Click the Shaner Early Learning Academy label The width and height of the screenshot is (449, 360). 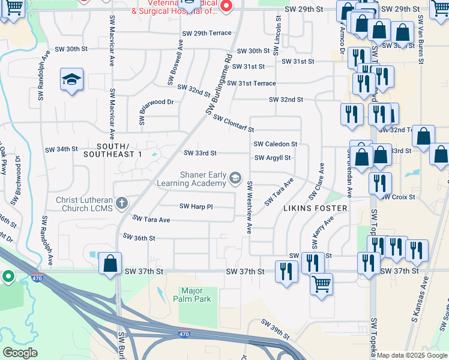[192, 178]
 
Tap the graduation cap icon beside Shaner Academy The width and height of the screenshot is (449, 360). [235, 177]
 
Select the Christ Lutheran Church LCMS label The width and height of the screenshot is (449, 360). [85, 205]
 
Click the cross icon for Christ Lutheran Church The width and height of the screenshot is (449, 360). [122, 203]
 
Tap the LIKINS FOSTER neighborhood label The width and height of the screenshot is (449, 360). [315, 208]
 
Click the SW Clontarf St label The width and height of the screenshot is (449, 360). [234, 123]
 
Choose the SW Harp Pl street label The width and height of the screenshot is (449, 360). [196, 206]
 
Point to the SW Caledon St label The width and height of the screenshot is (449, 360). [276, 144]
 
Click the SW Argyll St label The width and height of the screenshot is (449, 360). [273, 158]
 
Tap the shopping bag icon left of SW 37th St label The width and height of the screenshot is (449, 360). [110, 263]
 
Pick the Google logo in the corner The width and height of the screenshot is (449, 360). [20, 353]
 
